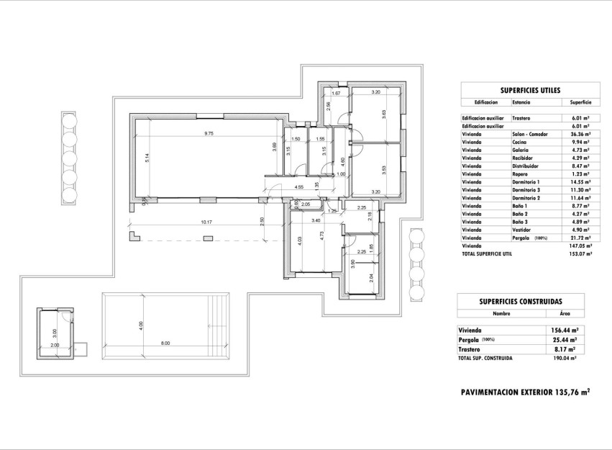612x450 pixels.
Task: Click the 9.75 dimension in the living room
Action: point(208,133)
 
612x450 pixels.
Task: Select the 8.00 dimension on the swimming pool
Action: point(165,343)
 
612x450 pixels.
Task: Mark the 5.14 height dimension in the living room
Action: point(146,158)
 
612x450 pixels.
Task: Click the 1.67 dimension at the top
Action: point(335,94)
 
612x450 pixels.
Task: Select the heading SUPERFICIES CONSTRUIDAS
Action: point(521,302)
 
